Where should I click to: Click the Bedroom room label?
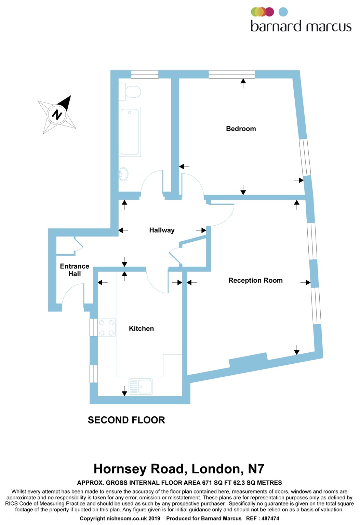click(241, 129)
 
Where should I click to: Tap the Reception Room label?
click(255, 281)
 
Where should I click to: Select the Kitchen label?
click(141, 328)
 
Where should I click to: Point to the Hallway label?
click(162, 230)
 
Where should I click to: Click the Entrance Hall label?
click(75, 270)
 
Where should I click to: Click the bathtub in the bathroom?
click(130, 132)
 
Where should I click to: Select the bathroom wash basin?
click(123, 174)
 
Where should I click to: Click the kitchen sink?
click(141, 387)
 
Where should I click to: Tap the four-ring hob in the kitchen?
click(106, 328)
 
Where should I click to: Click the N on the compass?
click(57, 114)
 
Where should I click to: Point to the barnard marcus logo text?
click(301, 26)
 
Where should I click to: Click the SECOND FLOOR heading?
click(126, 420)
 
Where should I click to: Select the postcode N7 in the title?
click(256, 469)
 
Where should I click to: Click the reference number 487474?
click(270, 519)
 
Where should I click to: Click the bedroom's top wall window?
click(232, 74)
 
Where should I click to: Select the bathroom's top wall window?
click(145, 74)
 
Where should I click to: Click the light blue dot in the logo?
click(283, 12)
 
